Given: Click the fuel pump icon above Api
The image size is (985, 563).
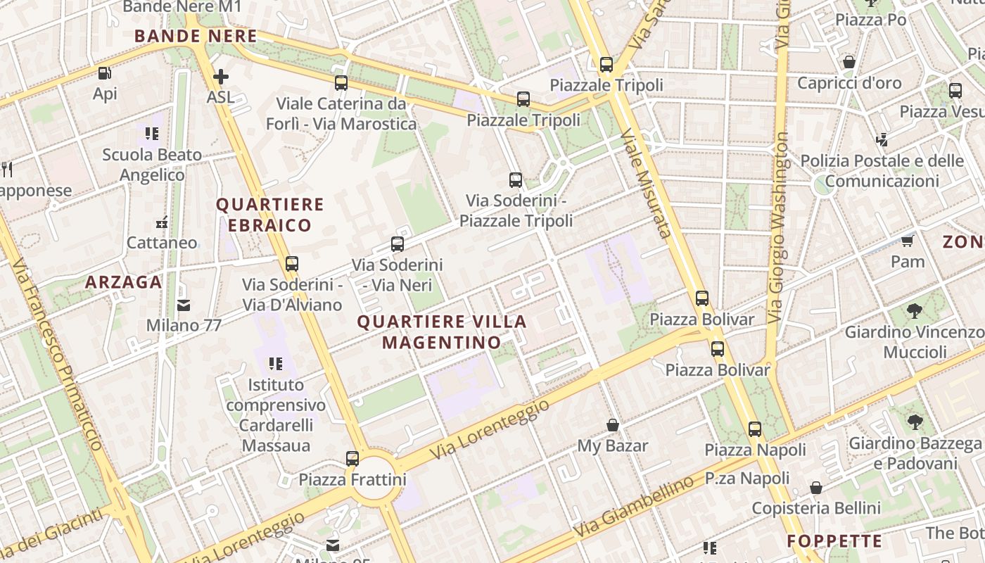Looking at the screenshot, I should pos(104,72).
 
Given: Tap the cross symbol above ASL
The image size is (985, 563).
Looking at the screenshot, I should pos(221,76).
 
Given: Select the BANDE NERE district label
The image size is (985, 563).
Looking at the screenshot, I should pos(196,36).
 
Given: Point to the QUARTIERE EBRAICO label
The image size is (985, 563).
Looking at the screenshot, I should pos(269,215).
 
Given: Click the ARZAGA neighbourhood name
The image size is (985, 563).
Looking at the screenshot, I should pos(124,282).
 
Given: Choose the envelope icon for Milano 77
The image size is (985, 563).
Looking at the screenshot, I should pos(184,305).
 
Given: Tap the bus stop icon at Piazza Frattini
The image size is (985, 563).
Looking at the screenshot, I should pos(352,459).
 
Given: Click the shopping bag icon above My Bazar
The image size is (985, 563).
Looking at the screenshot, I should pos(613,425).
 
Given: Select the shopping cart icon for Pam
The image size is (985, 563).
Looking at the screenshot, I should pos(908,241).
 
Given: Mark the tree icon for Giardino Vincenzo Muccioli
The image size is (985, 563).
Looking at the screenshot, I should pos(915,310).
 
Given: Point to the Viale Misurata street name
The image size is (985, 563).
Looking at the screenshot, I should pos(644,183).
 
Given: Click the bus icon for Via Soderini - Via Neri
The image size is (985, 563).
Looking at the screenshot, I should pos(398,244).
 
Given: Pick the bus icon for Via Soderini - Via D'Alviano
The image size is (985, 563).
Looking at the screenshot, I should pos(292,264).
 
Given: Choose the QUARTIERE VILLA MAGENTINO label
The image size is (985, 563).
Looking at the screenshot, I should pos(442,332).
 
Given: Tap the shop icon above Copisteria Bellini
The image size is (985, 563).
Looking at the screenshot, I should pos(816,488).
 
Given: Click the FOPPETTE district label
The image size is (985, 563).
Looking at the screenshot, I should pos(834,541).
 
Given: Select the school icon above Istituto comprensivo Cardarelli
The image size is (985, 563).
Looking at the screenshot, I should pos(276,364).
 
